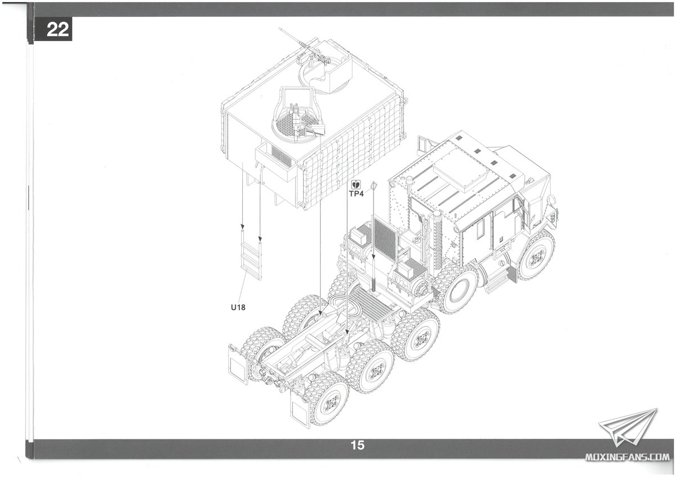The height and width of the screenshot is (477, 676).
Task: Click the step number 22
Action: [57, 30]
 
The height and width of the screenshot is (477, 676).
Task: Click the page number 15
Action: [357, 445]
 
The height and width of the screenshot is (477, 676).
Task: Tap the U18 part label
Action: [238, 307]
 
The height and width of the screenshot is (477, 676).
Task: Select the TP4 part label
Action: [357, 193]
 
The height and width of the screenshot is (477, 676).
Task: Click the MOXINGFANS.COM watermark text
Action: [627, 457]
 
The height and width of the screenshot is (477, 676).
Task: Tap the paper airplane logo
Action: [628, 428]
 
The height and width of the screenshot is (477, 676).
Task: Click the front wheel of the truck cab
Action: [536, 255]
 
